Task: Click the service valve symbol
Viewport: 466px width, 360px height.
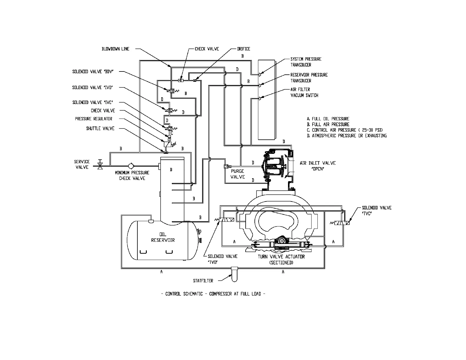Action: tap(100, 164)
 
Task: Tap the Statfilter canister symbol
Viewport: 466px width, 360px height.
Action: tap(234, 273)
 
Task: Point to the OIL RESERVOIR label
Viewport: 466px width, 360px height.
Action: tap(163, 237)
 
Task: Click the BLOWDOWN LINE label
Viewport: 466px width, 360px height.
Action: tap(115, 49)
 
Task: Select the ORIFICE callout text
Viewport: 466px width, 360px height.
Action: tap(244, 49)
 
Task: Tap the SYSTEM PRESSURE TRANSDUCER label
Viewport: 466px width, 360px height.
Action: tap(306, 62)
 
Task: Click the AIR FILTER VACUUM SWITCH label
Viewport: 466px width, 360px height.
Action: tap(304, 92)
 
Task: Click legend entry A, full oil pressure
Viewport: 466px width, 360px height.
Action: tap(328, 119)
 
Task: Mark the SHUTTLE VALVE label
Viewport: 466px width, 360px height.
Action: tap(100, 129)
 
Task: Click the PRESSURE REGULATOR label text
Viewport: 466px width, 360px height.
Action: tap(94, 119)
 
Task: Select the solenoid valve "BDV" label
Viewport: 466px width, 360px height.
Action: tap(93, 72)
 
